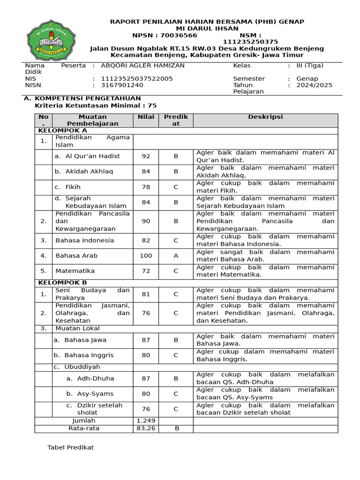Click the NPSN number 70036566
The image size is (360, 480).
(179, 35)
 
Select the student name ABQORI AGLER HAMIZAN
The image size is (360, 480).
(142, 66)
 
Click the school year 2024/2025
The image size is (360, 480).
(314, 85)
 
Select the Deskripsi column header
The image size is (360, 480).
(265, 117)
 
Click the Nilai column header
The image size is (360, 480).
(146, 117)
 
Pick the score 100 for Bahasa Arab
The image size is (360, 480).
(146, 255)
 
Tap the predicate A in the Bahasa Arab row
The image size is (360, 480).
(176, 255)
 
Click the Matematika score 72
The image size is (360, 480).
(146, 271)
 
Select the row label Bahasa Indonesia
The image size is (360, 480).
(84, 240)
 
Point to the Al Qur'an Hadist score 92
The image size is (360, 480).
(146, 156)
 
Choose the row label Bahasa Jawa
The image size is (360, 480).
(85, 340)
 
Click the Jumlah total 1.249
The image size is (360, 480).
(146, 421)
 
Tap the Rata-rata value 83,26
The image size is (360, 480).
(146, 428)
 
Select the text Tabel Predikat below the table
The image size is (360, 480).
(70, 448)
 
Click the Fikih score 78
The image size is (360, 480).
(146, 187)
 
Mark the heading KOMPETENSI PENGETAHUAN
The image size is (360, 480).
(88, 98)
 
